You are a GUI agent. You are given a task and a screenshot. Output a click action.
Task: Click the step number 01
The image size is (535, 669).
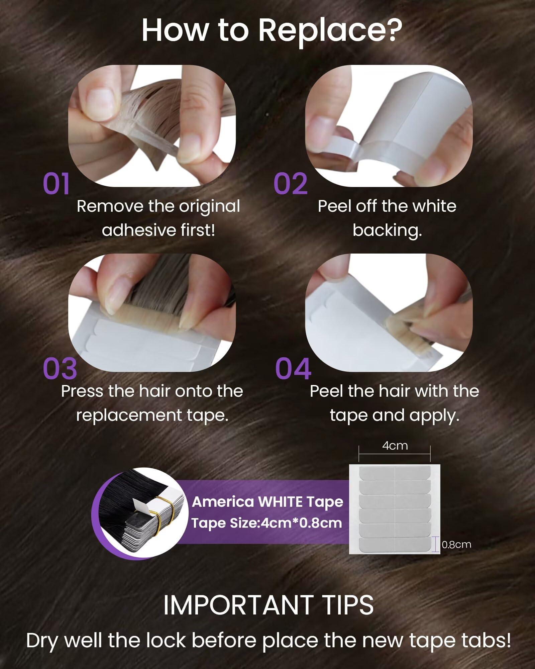pyautogui.click(x=56, y=184)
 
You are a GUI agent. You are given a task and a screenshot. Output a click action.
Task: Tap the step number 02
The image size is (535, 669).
pyautogui.click(x=290, y=184)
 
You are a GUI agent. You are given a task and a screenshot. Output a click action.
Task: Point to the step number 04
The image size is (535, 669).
pyautogui.click(x=293, y=368)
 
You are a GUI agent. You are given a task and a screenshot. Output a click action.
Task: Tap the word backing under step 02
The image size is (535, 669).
pyautogui.click(x=387, y=230)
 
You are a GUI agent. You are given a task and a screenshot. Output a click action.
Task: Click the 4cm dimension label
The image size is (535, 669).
pyautogui.click(x=395, y=446)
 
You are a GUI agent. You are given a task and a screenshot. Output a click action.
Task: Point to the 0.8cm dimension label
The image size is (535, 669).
pyautogui.click(x=456, y=544)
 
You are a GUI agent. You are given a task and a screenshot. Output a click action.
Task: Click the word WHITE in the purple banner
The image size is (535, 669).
pyautogui.click(x=280, y=502)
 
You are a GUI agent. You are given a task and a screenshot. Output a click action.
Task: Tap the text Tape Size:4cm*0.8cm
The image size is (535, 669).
pyautogui.click(x=267, y=523)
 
